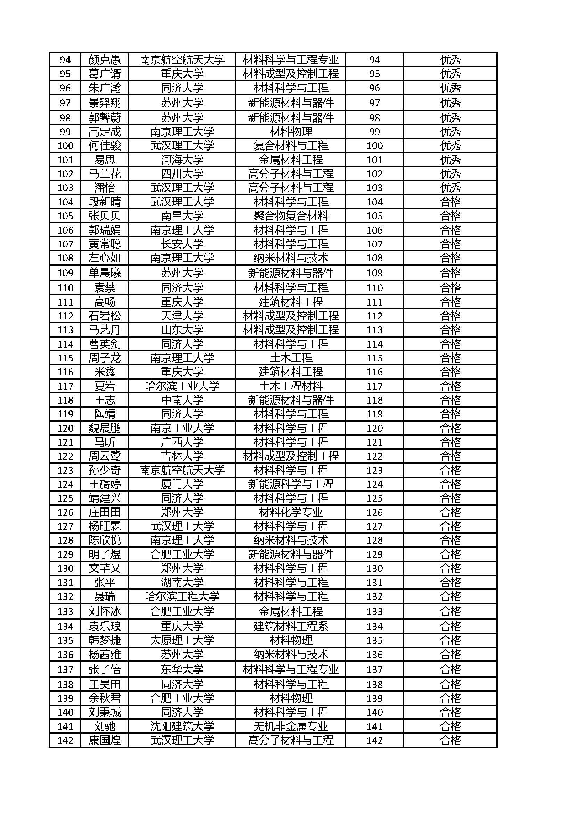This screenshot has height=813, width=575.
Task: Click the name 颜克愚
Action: [x=104, y=59]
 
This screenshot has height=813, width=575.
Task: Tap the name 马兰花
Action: [x=104, y=173]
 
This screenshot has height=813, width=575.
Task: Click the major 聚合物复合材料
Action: [x=291, y=216]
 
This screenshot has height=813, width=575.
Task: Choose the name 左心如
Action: [x=104, y=258]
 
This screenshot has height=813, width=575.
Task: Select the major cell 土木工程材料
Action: [x=291, y=385]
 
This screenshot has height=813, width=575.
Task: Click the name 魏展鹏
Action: [x=104, y=428]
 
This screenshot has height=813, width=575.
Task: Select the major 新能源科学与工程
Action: [x=291, y=484]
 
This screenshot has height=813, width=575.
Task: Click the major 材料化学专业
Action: [x=291, y=512]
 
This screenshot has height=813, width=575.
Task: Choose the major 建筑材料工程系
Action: [x=291, y=626]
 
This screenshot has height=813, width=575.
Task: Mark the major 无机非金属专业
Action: [x=291, y=726]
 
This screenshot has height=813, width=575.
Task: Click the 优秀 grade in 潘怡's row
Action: [x=450, y=188]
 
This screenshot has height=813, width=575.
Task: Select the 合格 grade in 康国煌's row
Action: [x=450, y=740]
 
